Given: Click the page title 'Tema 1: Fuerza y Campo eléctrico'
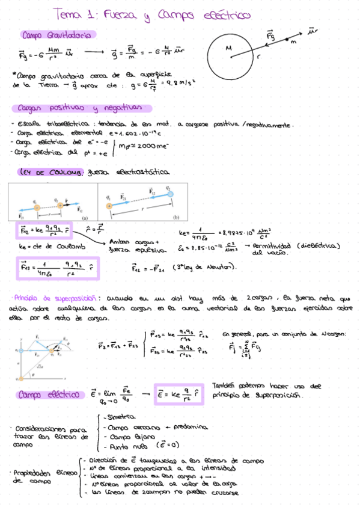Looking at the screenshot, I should (x=150, y=14).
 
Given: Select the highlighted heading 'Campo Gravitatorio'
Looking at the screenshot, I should (x=56, y=35).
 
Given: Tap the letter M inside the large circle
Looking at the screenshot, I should (x=229, y=48).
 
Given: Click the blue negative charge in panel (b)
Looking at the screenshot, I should (x=170, y=194).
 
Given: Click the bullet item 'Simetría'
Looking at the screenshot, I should (x=120, y=417).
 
